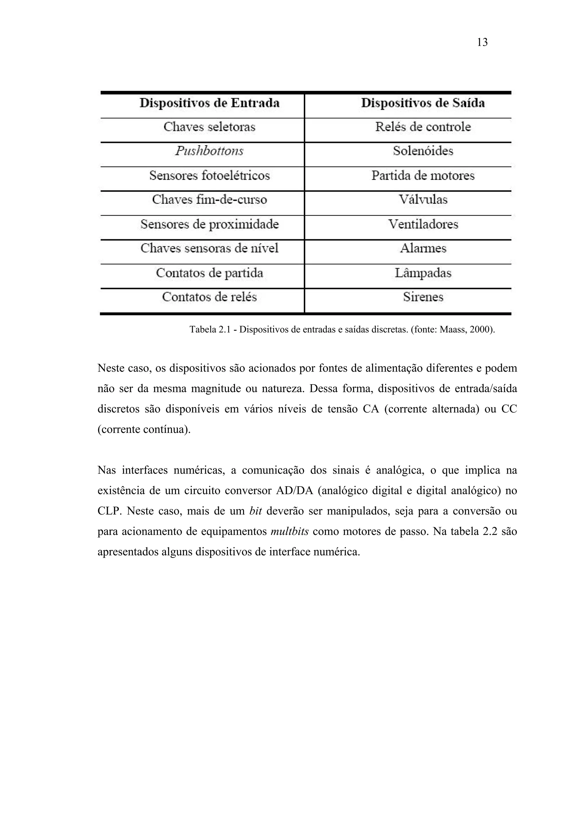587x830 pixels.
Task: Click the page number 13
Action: pos(482,43)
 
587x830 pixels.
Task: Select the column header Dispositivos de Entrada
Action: pos(210,103)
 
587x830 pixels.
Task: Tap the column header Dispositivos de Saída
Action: pos(423,103)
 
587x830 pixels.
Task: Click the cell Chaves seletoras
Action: pos(210,127)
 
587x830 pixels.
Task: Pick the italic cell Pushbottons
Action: pos(210,151)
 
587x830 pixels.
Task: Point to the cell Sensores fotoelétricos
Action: pos(210,176)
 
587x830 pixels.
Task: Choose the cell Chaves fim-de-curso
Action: pos(210,199)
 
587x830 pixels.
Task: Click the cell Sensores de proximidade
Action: pos(210,224)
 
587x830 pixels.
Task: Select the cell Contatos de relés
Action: pos(210,297)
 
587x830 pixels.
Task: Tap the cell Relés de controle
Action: pos(423,127)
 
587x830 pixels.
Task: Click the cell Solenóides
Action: pos(423,151)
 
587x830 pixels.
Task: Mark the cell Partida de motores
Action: pos(423,176)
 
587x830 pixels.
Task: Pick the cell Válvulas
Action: pos(423,199)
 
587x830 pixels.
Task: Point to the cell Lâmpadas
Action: pos(423,273)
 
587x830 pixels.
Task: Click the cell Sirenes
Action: pos(423,297)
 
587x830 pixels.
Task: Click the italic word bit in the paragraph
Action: pos(255,511)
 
